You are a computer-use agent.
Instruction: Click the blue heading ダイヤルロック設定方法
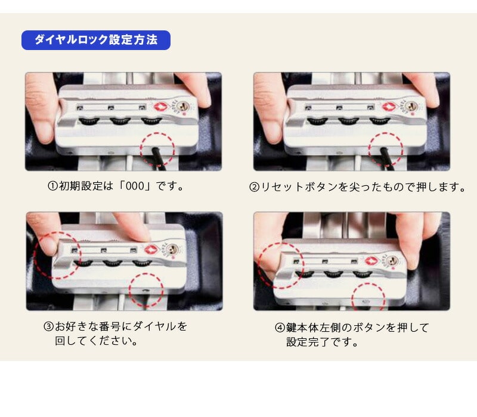coord(96,40)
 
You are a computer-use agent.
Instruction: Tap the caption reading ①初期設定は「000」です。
coord(116,186)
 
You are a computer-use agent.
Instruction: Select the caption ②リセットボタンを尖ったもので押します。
coord(357,186)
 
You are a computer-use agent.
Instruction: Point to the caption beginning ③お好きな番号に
coord(115,334)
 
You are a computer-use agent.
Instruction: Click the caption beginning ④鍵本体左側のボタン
coord(352,335)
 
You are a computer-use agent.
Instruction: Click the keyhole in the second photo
coord(411,107)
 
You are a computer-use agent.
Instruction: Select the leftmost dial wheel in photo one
coord(89,121)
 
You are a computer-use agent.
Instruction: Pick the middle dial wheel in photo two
coord(348,122)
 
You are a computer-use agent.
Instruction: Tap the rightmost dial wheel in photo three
coord(142,263)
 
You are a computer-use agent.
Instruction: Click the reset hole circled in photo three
coord(145,291)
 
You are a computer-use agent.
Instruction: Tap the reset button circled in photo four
coord(366,302)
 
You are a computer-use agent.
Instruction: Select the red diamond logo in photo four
coord(371,261)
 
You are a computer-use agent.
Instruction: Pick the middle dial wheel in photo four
coord(333,274)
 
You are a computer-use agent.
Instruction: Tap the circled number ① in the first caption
coord(52,186)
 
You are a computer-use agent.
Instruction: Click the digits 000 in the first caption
coord(135,186)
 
